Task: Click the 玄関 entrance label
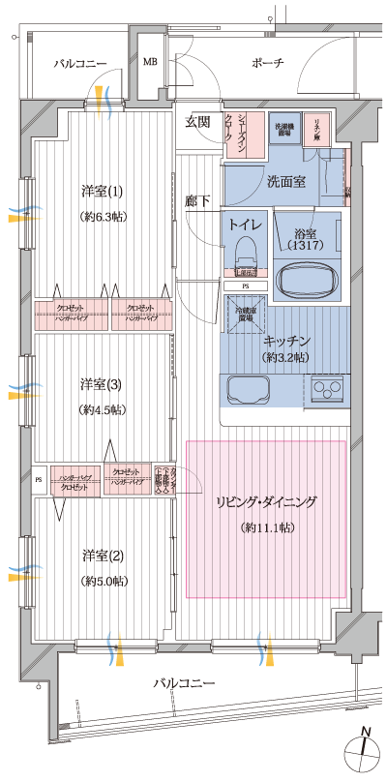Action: click(x=198, y=121)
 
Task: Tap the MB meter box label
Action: click(x=150, y=63)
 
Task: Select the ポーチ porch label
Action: click(x=267, y=63)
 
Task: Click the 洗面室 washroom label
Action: click(x=286, y=181)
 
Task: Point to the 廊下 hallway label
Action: click(x=197, y=200)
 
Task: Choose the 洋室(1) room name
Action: click(x=102, y=190)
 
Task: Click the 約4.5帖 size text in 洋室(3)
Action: click(x=102, y=409)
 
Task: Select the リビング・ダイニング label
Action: click(x=266, y=502)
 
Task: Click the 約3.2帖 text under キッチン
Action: click(x=285, y=357)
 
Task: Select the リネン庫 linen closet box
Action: click(x=316, y=128)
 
